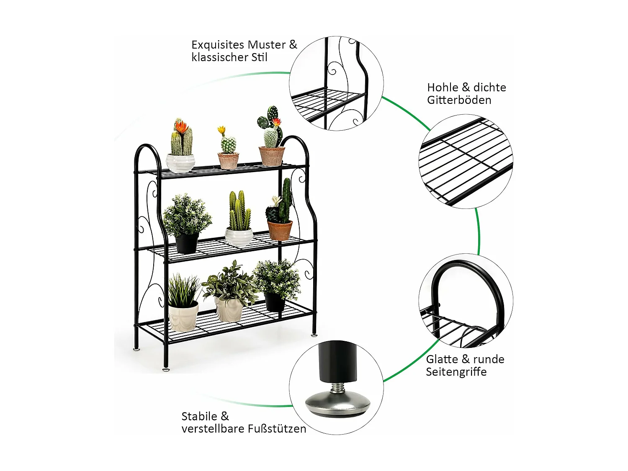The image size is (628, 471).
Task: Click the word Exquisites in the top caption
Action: click(218, 45)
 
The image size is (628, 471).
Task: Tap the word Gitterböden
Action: click(459, 100)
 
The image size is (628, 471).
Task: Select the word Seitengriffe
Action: click(456, 372)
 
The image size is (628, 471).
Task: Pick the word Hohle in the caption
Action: click(443, 88)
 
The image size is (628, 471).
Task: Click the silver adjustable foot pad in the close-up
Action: click(337, 404)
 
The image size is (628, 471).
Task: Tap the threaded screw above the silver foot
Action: click(337, 388)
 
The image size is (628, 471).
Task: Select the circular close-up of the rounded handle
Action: click(466, 300)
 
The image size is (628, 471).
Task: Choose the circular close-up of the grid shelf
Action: click(466, 161)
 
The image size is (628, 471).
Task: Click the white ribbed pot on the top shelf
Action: click(180, 162)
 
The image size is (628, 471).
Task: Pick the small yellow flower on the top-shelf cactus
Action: click(221, 130)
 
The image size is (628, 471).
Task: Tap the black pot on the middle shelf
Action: click(187, 243)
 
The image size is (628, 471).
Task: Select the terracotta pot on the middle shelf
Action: click(280, 230)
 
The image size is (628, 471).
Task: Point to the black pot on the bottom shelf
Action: click(274, 301)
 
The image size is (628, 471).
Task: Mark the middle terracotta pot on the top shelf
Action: click(228, 161)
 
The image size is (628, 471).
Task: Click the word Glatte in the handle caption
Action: click(442, 359)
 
